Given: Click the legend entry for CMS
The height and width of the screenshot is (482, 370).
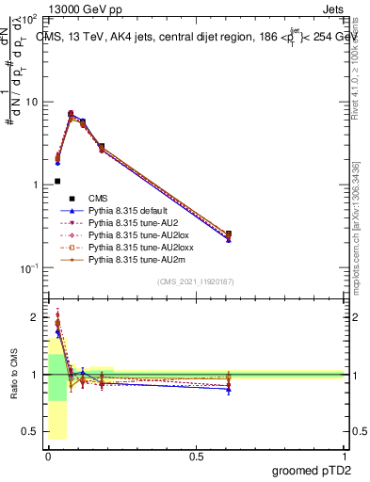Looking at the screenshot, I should [99, 198].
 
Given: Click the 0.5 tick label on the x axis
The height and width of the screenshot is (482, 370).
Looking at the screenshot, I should [196, 456].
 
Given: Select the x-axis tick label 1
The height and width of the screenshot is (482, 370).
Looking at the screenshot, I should [344, 456].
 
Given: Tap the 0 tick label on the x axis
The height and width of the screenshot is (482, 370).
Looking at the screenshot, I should [48, 456].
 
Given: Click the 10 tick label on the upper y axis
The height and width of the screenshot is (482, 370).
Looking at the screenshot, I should [32, 102].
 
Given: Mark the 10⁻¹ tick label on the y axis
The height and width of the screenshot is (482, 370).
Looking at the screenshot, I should [28, 267].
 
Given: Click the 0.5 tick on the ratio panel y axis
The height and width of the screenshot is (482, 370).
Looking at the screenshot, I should [31, 431].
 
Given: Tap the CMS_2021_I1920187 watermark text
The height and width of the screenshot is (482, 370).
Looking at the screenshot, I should [196, 281].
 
